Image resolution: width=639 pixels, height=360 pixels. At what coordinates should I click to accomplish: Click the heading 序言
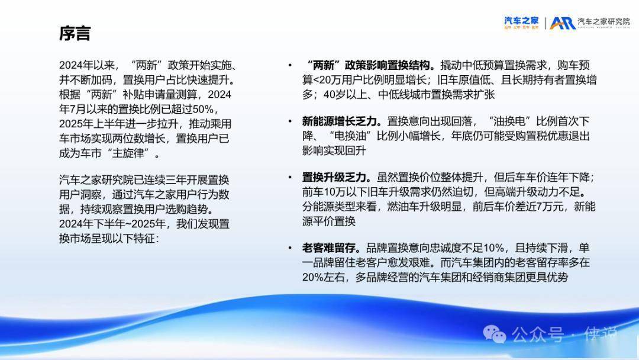(x=75, y=33)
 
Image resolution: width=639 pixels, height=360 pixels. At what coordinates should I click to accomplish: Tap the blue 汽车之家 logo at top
(x=521, y=22)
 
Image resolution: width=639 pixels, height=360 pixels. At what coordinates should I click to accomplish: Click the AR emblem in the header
(x=563, y=23)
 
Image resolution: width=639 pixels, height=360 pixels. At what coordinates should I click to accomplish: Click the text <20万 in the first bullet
(x=328, y=80)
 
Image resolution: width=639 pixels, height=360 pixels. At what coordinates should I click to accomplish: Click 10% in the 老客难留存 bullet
(x=493, y=248)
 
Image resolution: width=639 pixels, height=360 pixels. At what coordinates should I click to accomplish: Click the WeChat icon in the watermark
(x=494, y=334)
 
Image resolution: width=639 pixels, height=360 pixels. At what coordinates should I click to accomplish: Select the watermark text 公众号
(x=538, y=335)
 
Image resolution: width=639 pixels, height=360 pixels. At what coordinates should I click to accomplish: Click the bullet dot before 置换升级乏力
(x=290, y=177)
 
